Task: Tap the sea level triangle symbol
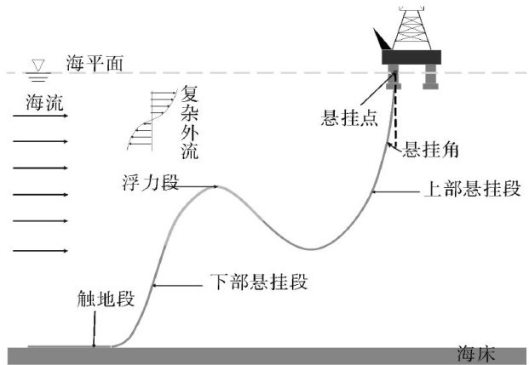37,67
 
